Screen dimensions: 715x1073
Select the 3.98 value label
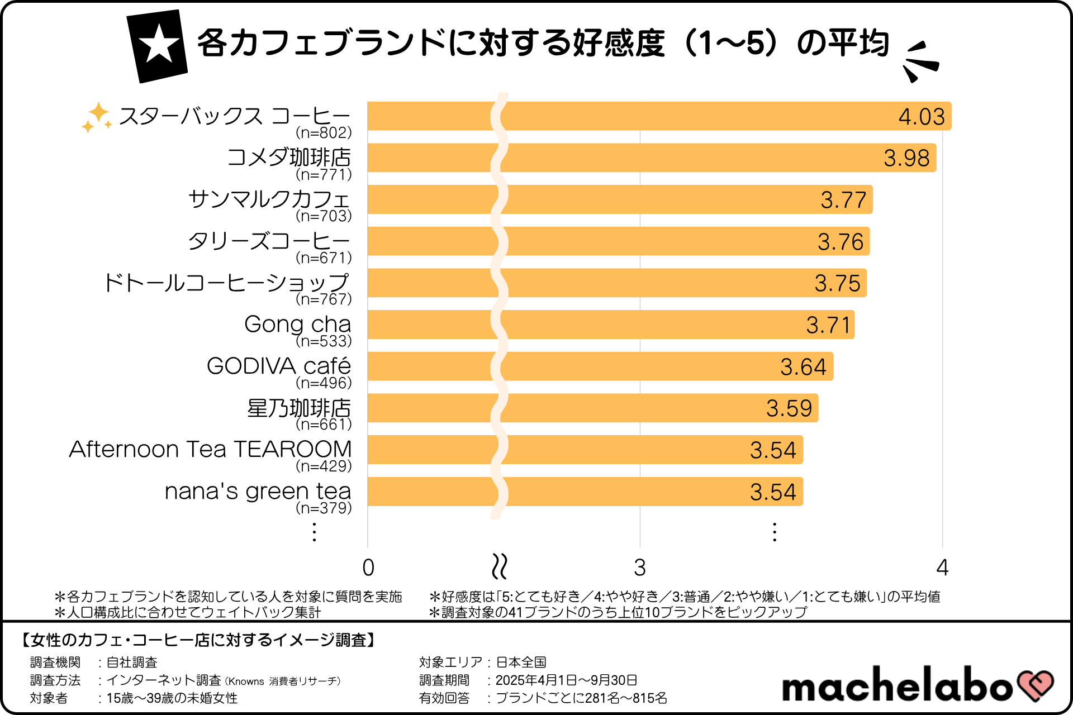(906, 158)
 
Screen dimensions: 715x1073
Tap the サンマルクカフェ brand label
(269, 199)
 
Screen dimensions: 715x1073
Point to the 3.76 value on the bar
(841, 242)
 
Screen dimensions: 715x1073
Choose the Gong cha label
(297, 324)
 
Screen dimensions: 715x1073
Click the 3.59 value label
(789, 408)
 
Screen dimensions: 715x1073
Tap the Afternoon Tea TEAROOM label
(210, 449)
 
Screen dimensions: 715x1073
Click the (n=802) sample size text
(324, 132)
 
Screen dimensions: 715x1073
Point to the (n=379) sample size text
(324, 508)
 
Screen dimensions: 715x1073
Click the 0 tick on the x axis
(368, 568)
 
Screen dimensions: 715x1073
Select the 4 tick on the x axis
(942, 568)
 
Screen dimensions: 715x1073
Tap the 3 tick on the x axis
(640, 568)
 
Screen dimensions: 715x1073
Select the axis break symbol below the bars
(499, 566)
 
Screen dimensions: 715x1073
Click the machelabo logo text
(897, 685)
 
